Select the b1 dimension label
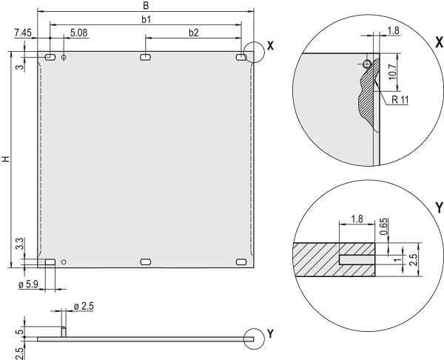146,19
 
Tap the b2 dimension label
194,33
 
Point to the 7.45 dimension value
22,33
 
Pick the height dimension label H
6,159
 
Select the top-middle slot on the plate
145,57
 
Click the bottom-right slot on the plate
240,261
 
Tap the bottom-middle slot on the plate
145,261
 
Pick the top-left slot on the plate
50,57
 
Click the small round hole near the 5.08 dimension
64,57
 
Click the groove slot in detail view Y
357,259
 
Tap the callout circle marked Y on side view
254,338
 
